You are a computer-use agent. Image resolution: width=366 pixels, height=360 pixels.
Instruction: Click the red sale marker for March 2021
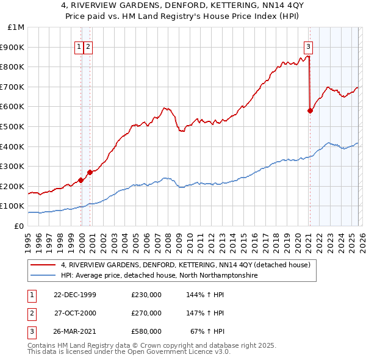click(310, 110)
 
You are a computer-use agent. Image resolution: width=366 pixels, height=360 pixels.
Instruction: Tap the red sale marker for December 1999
click(81, 180)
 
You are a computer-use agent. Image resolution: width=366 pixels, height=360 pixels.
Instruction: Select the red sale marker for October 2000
click(90, 172)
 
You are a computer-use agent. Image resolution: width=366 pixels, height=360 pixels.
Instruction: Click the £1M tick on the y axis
click(16, 27)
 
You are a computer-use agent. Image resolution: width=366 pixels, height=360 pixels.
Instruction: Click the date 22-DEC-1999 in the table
click(75, 295)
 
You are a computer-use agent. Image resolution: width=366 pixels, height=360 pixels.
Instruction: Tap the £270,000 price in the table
click(146, 313)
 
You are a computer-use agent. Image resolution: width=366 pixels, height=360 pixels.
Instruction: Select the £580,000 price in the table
click(146, 331)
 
